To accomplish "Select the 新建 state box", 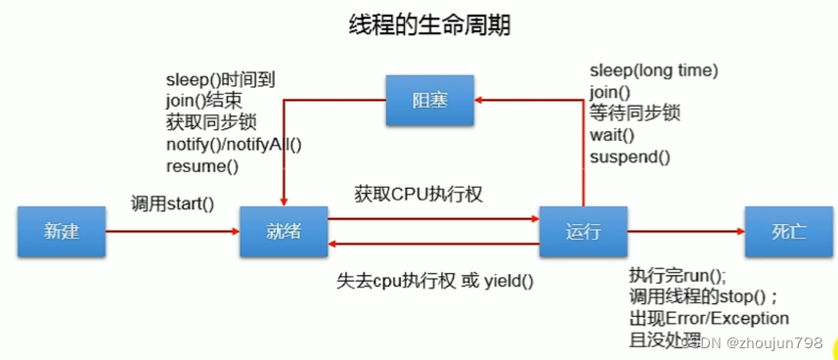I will [60, 231].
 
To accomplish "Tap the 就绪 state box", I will [284, 231].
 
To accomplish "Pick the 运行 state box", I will [583, 231].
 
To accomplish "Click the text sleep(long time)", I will [653, 70].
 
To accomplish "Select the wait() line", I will [612, 135].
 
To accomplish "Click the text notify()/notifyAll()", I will [234, 144].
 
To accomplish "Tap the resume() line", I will [202, 165].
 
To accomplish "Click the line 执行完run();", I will [678, 275].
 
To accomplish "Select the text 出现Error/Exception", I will [709, 318].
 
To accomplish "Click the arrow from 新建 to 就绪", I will [172, 232].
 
